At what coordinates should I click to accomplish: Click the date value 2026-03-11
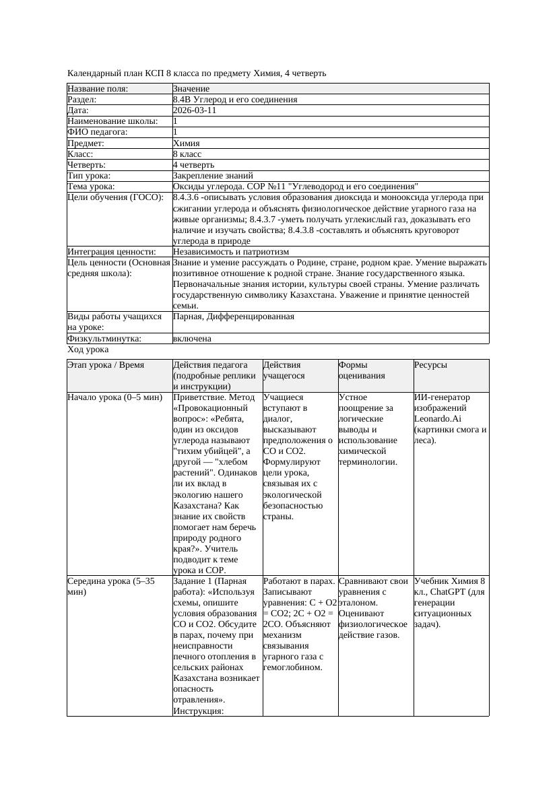(195, 110)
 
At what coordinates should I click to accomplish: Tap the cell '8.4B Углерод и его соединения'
(235, 100)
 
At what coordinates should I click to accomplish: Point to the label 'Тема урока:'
(91, 187)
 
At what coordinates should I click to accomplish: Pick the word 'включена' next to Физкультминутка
(192, 339)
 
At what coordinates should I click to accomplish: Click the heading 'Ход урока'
(88, 350)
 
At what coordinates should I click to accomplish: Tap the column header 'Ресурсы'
(431, 365)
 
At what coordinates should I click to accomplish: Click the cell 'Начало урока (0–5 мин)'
(115, 397)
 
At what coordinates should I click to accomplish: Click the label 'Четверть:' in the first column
(87, 165)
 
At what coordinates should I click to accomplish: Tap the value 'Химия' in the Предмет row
(186, 143)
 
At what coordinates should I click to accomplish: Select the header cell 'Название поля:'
(98, 89)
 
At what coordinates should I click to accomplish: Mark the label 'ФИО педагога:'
(98, 133)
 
